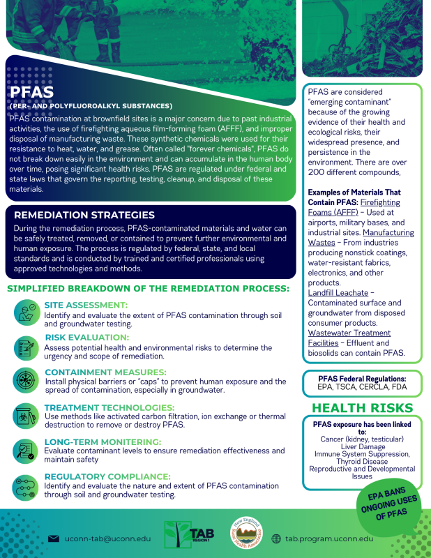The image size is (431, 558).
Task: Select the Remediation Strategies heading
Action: coord(84,216)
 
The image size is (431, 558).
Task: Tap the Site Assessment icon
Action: coord(26,312)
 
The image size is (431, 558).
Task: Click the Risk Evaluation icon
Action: coord(26,347)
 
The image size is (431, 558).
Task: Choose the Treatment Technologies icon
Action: coord(26,416)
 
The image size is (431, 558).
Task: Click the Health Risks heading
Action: coord(361,407)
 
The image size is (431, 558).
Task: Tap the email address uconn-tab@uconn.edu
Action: coord(107,538)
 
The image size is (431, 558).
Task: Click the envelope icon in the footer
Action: coord(53,538)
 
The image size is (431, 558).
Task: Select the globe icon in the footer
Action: coord(276,538)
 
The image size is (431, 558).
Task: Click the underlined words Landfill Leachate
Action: coord(338,293)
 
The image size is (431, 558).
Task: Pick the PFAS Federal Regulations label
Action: coord(361,378)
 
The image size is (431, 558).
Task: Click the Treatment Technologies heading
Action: coord(109,407)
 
